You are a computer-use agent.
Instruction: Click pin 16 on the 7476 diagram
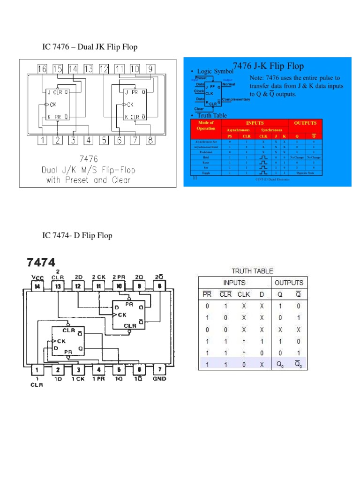(x=42, y=69)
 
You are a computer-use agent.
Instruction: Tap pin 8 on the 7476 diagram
(x=150, y=140)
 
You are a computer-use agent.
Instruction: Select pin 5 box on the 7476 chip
(x=104, y=140)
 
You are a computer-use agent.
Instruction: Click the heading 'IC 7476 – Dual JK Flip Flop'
(x=90, y=47)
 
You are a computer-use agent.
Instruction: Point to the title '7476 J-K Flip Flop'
(x=268, y=67)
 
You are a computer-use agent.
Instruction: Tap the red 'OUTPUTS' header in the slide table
(x=305, y=123)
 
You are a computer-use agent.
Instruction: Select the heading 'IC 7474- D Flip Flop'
(x=77, y=235)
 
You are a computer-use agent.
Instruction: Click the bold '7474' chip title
(x=41, y=262)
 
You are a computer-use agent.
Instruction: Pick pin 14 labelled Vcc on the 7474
(x=37, y=286)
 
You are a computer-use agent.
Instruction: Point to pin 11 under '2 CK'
(x=99, y=286)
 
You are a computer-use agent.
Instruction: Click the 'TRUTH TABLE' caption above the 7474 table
(x=252, y=271)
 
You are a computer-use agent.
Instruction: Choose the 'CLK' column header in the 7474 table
(x=244, y=294)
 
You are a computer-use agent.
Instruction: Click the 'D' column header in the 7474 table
(x=262, y=294)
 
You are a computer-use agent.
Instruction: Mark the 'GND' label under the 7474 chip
(x=159, y=379)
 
